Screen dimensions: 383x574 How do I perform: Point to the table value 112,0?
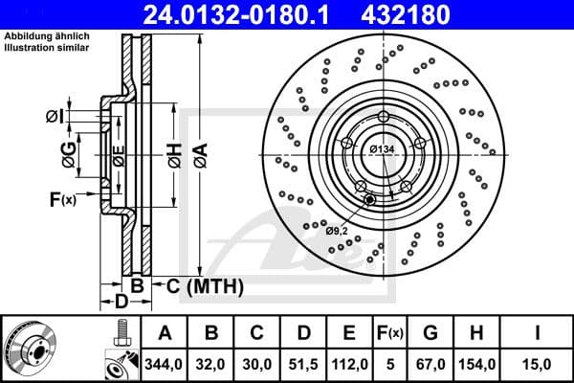351,363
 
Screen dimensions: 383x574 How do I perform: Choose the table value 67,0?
430,363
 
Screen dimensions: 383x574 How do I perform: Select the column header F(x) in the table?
390,333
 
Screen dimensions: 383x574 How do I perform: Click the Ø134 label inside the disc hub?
382,148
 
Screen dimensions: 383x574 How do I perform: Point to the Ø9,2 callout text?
337,231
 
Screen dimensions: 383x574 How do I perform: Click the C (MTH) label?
205,286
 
